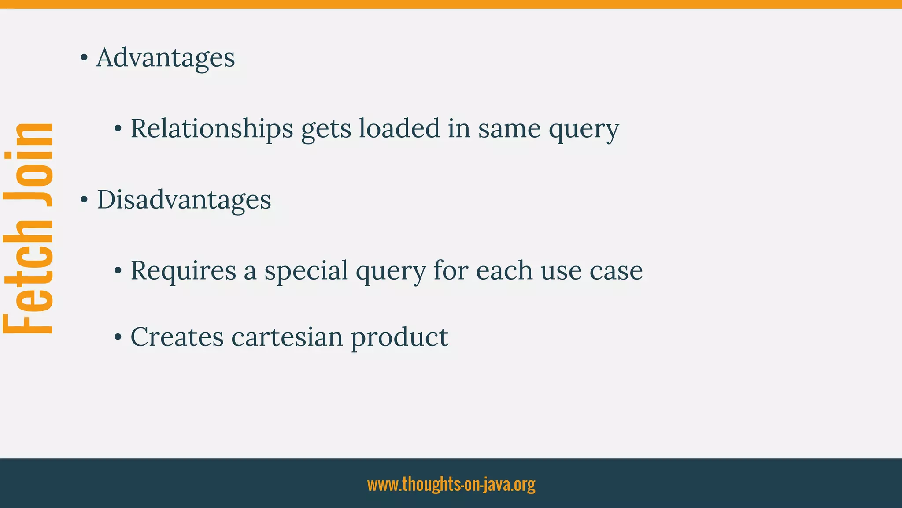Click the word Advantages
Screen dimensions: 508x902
click(166, 58)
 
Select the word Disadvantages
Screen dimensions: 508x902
click(184, 200)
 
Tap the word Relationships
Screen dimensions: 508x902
click(212, 129)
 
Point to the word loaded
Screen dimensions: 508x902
click(399, 129)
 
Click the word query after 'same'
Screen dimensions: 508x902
click(584, 130)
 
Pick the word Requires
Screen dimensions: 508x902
click(183, 270)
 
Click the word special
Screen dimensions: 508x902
click(306, 271)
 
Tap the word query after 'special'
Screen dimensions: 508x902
click(391, 272)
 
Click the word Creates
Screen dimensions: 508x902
click(177, 337)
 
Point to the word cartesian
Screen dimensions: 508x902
click(287, 337)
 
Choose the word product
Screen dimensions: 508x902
click(399, 338)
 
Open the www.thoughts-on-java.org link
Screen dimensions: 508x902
click(451, 484)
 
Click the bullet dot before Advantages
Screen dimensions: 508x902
click(84, 58)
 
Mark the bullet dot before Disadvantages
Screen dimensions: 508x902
click(84, 200)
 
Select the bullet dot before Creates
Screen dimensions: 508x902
click(118, 337)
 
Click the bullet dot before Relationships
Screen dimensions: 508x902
click(118, 129)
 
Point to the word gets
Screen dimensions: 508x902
click(326, 130)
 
